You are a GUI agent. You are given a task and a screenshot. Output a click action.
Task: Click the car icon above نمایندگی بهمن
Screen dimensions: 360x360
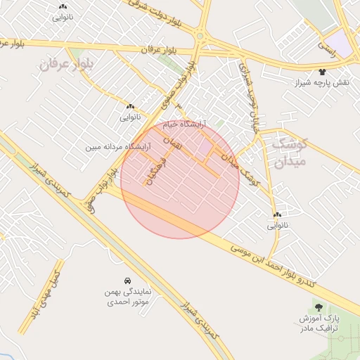click(127, 279)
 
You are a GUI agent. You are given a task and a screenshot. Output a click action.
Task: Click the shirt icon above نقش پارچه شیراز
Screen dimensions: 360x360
click(323, 72)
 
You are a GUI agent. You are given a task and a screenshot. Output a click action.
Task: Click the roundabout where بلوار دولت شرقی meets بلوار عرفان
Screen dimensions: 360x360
click(200, 36)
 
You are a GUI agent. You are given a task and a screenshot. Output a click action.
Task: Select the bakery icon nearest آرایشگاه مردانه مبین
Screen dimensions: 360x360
click(131, 106)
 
